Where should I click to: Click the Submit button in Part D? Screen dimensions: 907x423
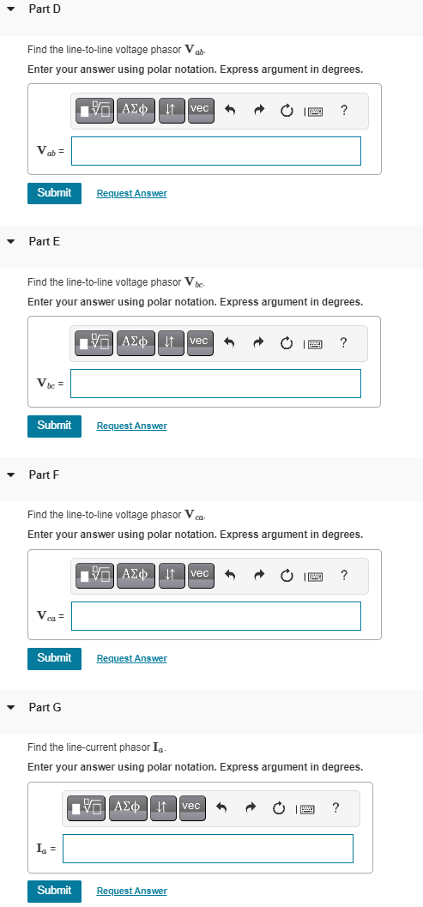click(54, 193)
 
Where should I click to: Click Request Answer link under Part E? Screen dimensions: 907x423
click(131, 426)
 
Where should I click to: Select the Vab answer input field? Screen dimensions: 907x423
click(215, 151)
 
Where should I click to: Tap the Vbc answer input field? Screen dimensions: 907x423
click(215, 384)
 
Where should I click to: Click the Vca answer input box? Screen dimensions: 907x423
click(215, 615)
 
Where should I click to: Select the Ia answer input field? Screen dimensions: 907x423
click(208, 848)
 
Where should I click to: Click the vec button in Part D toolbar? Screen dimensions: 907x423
click(199, 109)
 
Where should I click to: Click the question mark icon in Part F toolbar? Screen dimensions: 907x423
click(343, 574)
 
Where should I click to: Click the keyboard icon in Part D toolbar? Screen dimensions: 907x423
click(314, 110)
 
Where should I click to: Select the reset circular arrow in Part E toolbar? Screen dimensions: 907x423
click(286, 342)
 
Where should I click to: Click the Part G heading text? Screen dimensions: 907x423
click(45, 707)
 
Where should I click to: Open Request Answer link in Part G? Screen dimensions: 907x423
click(131, 891)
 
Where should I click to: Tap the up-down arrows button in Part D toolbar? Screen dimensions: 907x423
click(170, 109)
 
